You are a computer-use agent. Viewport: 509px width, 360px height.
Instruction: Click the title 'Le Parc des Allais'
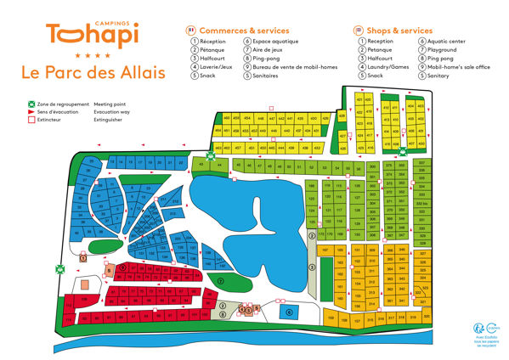(93, 73)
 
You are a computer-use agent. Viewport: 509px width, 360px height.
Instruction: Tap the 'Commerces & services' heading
(244, 30)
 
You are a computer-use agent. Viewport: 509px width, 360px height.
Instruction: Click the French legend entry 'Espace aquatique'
(272, 41)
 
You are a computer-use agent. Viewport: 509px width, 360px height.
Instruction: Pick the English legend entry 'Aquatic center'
(445, 41)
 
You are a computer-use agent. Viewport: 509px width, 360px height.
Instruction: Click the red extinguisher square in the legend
(29, 120)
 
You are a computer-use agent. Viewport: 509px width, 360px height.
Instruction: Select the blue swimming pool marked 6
(289, 312)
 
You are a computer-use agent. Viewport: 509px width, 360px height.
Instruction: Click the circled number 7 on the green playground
(220, 280)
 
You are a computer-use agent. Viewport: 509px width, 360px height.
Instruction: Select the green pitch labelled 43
(201, 164)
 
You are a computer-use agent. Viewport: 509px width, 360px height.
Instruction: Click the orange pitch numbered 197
(325, 250)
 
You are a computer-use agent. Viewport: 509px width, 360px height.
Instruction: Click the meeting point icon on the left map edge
(59, 268)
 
